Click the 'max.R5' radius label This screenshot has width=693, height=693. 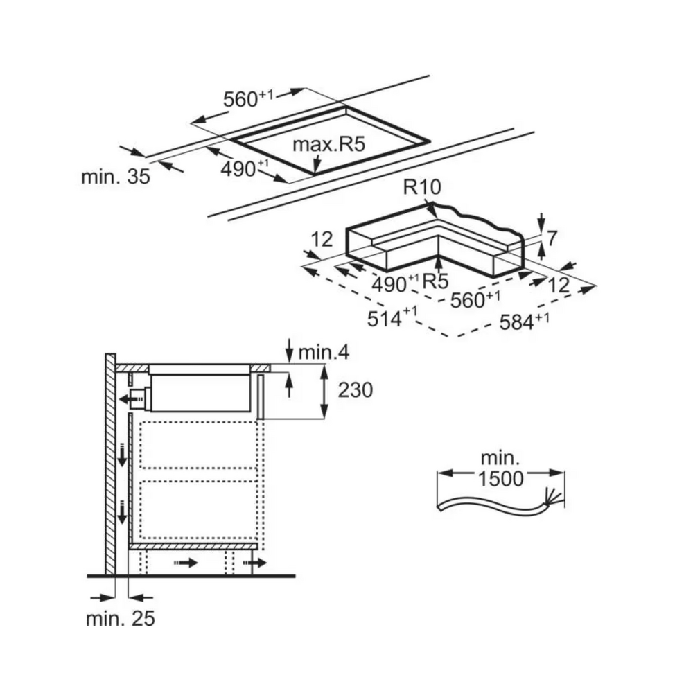[x=328, y=144]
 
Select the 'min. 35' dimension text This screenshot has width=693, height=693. [x=116, y=177]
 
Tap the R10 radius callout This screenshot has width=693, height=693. [x=422, y=187]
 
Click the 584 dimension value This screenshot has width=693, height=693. [x=524, y=321]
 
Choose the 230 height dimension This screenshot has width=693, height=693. [x=356, y=389]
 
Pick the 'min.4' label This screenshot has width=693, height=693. [x=324, y=352]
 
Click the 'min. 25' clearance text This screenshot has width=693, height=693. [x=120, y=619]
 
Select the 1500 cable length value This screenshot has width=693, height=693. [x=501, y=478]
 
